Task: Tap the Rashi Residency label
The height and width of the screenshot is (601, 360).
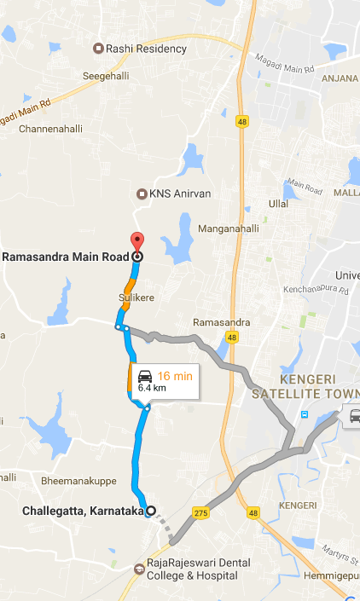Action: [146, 49]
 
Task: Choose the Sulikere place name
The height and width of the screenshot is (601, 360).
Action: [136, 298]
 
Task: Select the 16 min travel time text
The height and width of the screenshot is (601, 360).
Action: [177, 376]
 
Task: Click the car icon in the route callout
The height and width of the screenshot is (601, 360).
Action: [146, 376]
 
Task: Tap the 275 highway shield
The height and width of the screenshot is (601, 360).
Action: [201, 512]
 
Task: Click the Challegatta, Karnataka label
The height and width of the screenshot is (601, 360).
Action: [81, 511]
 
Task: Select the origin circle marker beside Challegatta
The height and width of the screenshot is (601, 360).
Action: [151, 511]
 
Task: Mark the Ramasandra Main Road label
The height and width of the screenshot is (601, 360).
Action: [66, 256]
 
